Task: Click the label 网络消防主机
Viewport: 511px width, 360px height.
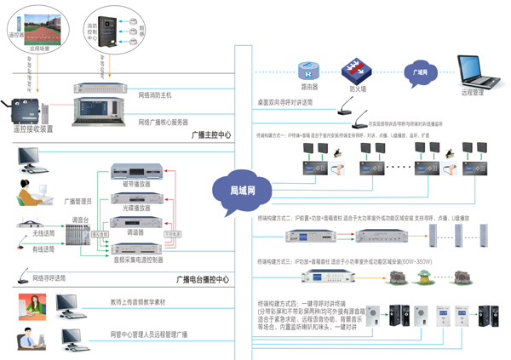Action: click(x=160, y=95)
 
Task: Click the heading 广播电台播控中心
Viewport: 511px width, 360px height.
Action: click(x=202, y=280)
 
